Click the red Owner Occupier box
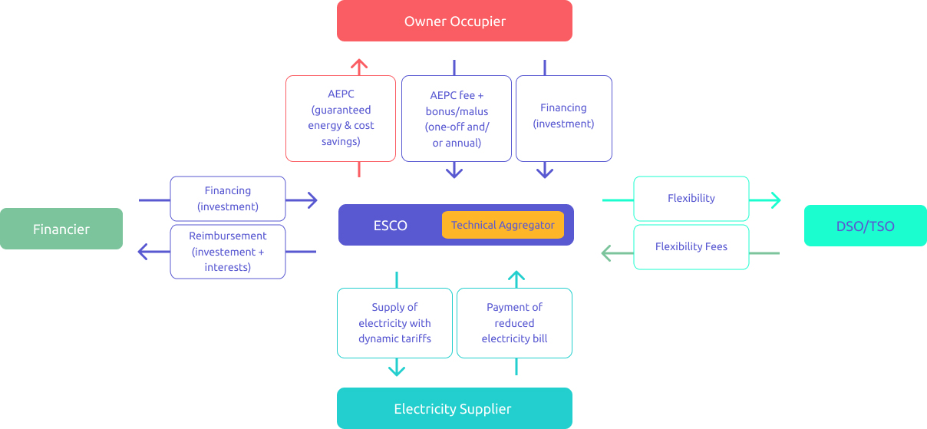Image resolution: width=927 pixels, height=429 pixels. tap(454, 21)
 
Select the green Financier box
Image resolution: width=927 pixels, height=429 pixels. tap(61, 229)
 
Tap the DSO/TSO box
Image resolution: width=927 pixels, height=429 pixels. tap(865, 226)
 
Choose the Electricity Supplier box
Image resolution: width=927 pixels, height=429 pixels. tap(454, 408)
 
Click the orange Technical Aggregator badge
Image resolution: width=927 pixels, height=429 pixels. tap(503, 225)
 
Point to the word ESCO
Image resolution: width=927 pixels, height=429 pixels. tap(390, 226)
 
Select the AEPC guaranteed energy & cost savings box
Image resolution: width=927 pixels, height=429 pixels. tap(341, 118)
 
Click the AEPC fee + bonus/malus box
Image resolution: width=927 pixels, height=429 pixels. tap(456, 118)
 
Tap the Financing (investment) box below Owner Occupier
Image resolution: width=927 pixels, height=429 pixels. tap(563, 118)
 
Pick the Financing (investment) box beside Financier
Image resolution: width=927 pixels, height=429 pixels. tap(227, 199)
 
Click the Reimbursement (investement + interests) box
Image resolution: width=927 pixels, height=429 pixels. tap(227, 251)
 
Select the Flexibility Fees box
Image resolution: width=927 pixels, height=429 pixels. tap(691, 246)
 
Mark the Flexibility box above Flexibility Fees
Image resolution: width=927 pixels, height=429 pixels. tap(691, 198)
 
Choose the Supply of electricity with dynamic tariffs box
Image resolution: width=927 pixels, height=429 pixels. tap(394, 322)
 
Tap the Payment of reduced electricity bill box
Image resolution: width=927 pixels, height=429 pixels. tap(514, 322)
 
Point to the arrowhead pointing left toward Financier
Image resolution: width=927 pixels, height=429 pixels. tap(143, 251)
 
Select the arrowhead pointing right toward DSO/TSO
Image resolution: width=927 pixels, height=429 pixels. tap(775, 200)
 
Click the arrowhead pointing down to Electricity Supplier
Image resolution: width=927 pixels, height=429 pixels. tap(396, 371)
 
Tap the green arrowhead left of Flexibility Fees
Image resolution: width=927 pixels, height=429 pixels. tap(606, 252)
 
